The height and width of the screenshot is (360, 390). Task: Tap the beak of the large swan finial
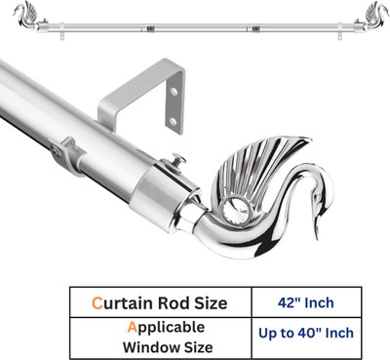[318, 227]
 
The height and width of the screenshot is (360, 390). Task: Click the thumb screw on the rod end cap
[178, 161]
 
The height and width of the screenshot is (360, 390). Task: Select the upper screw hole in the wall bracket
[175, 92]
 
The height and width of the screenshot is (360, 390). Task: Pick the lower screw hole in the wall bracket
[174, 122]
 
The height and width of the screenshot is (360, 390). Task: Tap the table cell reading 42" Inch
[306, 302]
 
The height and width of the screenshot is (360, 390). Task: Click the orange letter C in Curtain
[97, 303]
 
